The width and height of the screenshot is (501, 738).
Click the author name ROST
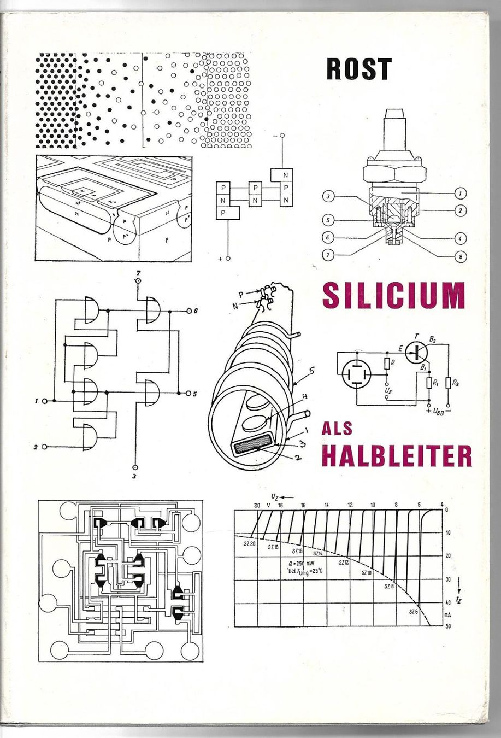point(359,69)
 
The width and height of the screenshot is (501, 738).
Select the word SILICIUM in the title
point(393,295)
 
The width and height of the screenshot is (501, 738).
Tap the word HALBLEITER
point(396,456)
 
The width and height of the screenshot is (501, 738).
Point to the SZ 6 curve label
point(414,611)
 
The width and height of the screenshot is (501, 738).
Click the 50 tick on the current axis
point(447,625)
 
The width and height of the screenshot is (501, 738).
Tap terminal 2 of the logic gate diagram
point(44,447)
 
